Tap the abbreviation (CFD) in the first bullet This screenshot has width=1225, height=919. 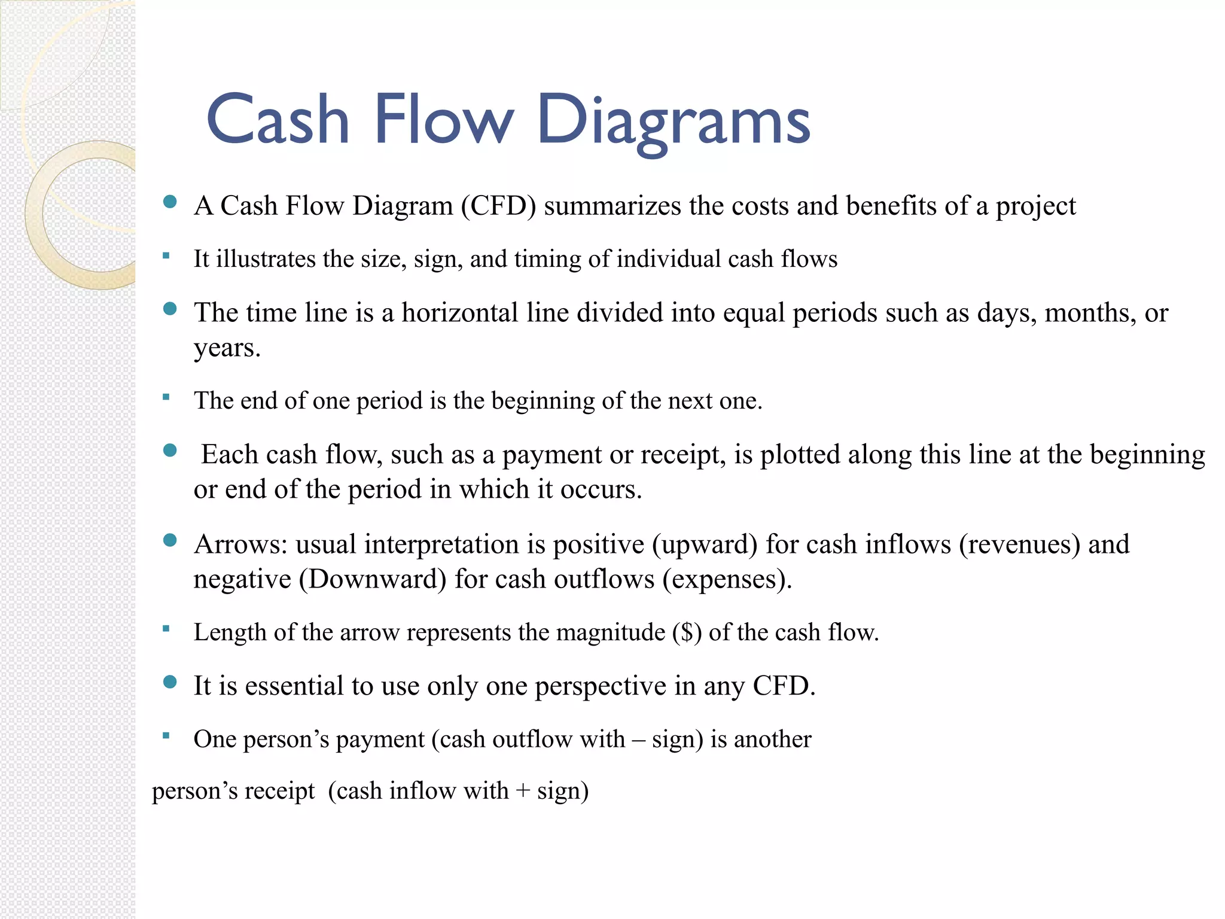[498, 206]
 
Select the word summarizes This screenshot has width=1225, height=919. [612, 206]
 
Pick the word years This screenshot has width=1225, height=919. [227, 348]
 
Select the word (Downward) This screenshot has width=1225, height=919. [373, 579]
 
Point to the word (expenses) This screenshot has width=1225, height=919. [727, 579]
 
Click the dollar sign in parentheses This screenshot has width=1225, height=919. [687, 632]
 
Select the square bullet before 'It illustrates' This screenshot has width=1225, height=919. [166, 256]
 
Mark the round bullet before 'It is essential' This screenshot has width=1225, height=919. [170, 682]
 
